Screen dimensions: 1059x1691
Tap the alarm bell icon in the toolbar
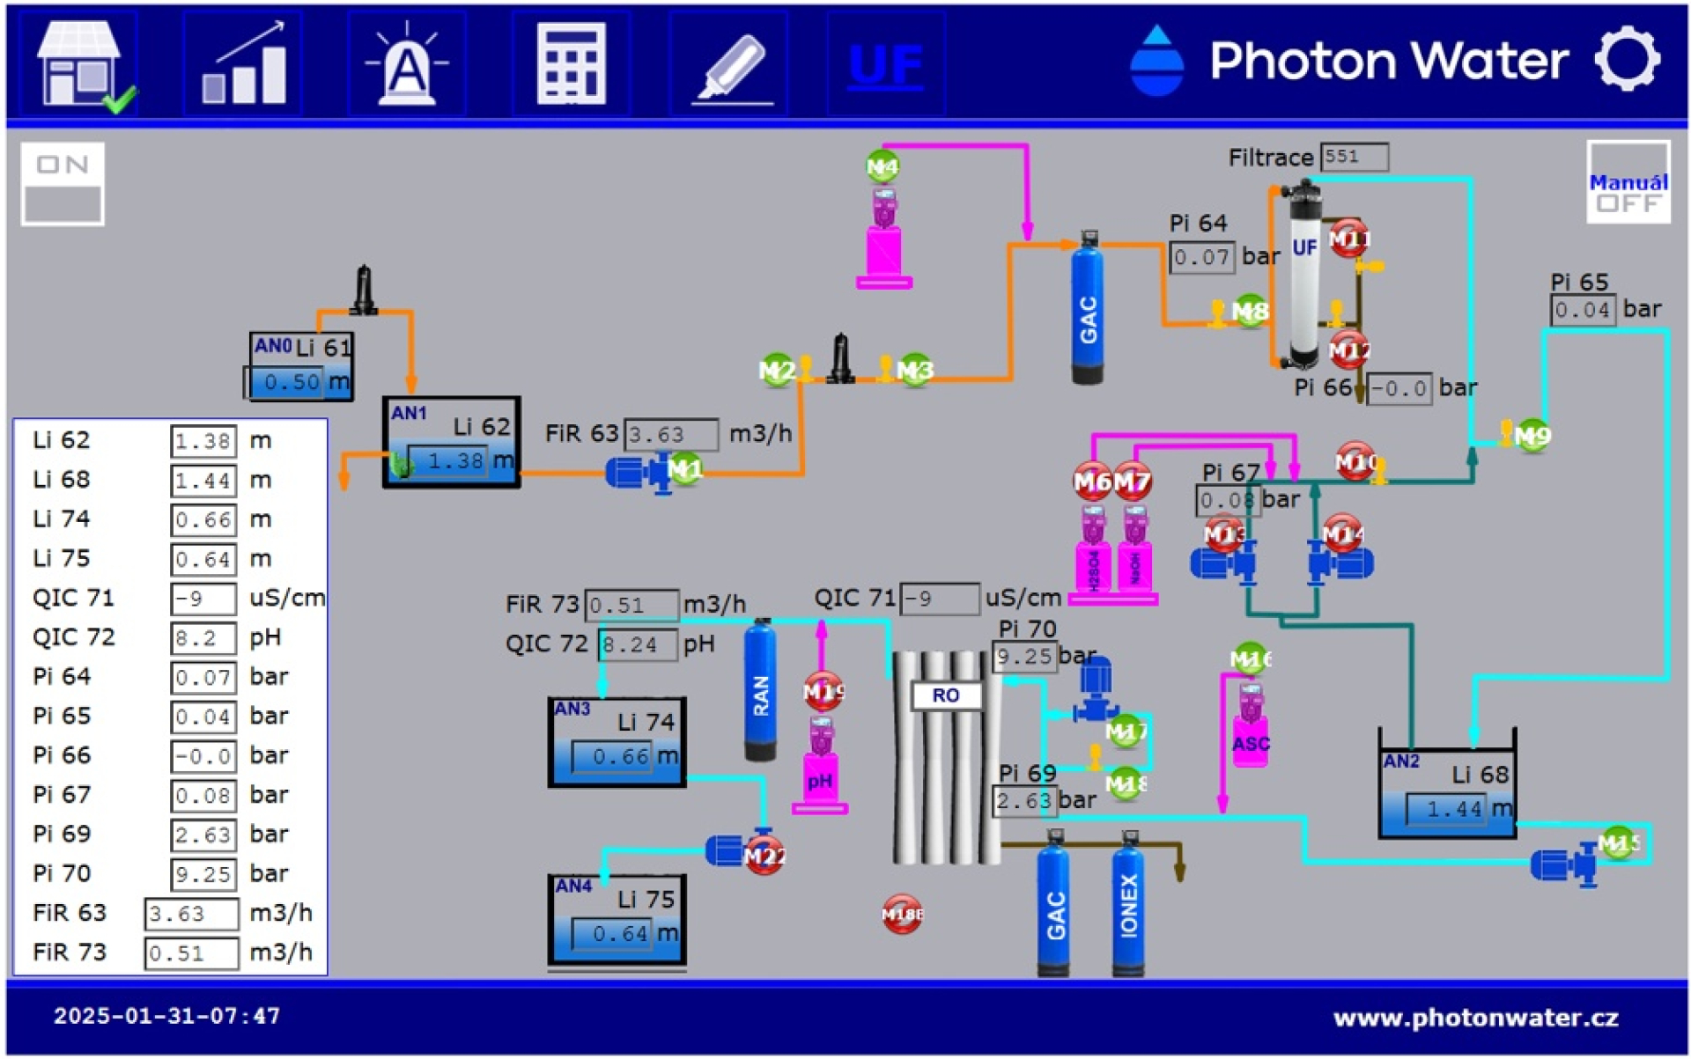pyautogui.click(x=407, y=64)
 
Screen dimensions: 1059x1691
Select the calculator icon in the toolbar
pyautogui.click(x=571, y=64)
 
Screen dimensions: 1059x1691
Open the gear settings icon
pyautogui.click(x=1627, y=60)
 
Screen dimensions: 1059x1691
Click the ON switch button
pyautogui.click(x=63, y=184)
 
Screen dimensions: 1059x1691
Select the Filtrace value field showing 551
pyautogui.click(x=1354, y=157)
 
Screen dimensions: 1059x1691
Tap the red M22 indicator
pyautogui.click(x=764, y=856)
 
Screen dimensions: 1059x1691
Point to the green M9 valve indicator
pyautogui.click(x=1532, y=435)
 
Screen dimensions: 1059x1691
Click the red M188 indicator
pyautogui.click(x=902, y=915)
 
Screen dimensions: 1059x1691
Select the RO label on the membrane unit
pyautogui.click(x=946, y=695)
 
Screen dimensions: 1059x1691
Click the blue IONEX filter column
pyautogui.click(x=1128, y=905)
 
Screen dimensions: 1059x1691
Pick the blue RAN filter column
pyautogui.click(x=761, y=691)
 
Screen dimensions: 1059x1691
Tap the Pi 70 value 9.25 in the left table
pyautogui.click(x=203, y=874)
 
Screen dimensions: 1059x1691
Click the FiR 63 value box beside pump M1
pyautogui.click(x=670, y=434)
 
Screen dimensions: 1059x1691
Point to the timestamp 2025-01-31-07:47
pyautogui.click(x=167, y=1016)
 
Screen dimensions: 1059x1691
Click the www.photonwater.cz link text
pyautogui.click(x=1475, y=1019)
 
